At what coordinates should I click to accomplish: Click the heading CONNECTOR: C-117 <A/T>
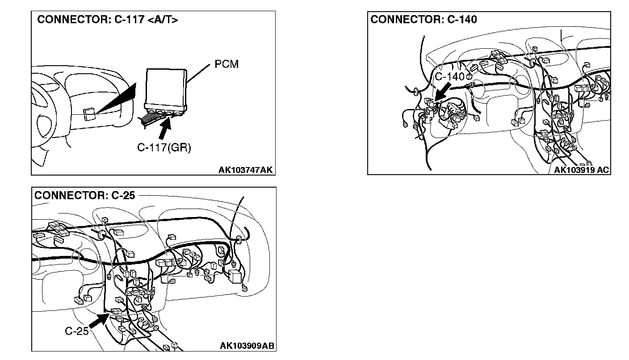click(x=107, y=20)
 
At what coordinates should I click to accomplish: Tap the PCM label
click(x=226, y=64)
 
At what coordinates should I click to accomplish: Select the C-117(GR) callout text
click(x=164, y=148)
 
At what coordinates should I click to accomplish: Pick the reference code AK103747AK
click(x=245, y=170)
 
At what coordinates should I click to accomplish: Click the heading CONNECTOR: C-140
click(x=424, y=19)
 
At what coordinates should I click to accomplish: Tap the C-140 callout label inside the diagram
click(x=450, y=77)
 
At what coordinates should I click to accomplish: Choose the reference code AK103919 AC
click(x=581, y=170)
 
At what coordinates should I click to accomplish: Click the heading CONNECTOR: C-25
click(x=84, y=195)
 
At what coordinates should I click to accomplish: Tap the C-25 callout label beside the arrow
click(x=76, y=331)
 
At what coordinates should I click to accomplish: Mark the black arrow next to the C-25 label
click(x=99, y=321)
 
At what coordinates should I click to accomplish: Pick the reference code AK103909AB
click(x=247, y=346)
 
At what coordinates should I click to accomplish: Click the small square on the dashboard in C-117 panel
click(x=89, y=113)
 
